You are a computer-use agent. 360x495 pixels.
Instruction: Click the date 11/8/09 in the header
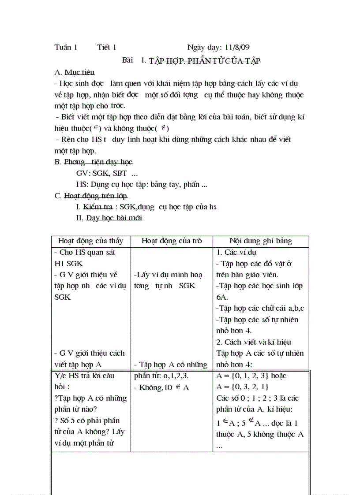(x=237, y=48)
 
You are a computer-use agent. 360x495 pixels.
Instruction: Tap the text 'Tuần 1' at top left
(x=66, y=48)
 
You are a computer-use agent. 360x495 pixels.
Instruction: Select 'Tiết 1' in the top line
(x=107, y=48)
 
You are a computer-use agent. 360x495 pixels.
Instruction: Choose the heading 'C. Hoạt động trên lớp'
(x=91, y=195)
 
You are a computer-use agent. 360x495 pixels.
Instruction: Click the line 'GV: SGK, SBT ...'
(x=107, y=173)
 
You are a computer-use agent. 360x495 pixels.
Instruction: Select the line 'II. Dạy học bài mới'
(x=109, y=218)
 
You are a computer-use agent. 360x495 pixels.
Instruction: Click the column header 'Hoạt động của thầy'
(x=90, y=241)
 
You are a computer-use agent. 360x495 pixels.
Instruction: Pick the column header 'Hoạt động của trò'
(x=172, y=241)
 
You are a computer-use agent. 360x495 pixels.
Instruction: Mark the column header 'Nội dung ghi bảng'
(x=261, y=241)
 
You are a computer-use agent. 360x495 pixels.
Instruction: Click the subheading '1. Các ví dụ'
(x=237, y=253)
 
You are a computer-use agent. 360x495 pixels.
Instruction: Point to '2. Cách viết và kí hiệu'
(x=254, y=342)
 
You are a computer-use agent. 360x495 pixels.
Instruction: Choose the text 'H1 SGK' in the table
(x=68, y=264)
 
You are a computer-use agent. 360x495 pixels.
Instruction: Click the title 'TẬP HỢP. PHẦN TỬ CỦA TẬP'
(x=205, y=61)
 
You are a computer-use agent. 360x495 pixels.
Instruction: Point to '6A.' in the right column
(x=221, y=297)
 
